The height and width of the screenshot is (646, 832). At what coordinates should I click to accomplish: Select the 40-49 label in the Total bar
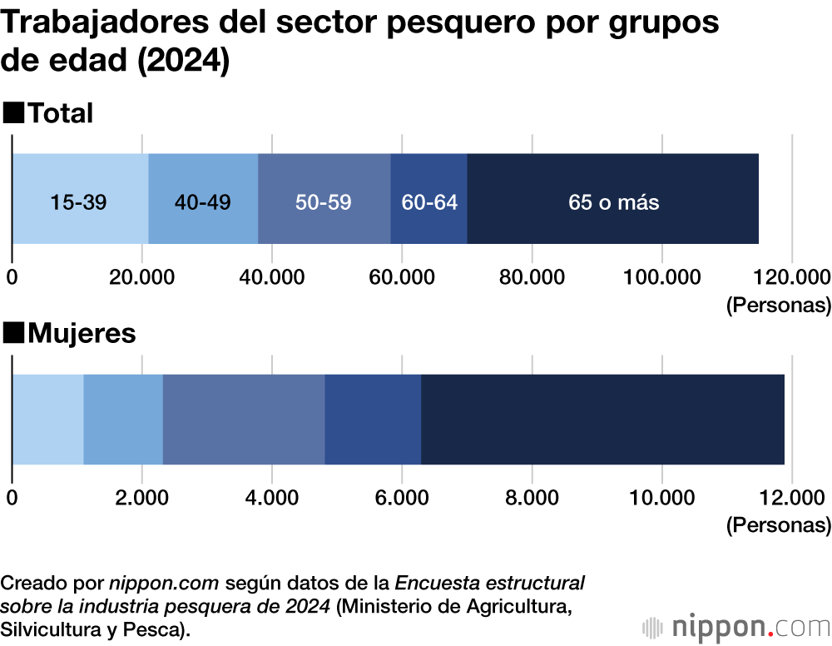[203, 202]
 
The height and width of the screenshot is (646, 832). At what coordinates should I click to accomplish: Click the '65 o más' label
[613, 202]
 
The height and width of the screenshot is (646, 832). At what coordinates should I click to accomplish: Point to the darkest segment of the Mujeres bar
[602, 420]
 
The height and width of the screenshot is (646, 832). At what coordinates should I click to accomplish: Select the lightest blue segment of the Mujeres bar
[47, 420]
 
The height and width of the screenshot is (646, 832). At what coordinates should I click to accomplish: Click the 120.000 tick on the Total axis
[790, 277]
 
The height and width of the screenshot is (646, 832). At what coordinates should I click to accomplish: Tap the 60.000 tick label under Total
[401, 277]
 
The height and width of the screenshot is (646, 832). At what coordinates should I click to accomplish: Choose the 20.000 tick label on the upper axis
[141, 277]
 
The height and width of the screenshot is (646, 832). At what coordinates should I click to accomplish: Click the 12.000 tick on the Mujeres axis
[790, 498]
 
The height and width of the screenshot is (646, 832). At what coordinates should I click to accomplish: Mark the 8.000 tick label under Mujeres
[531, 498]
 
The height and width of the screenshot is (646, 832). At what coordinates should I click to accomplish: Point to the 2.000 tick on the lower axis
[141, 498]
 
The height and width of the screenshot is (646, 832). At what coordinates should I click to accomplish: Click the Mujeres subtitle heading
[82, 334]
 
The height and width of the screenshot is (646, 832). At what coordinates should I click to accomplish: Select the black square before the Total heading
[13, 112]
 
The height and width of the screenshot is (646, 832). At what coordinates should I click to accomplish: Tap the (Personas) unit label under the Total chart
[778, 305]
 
